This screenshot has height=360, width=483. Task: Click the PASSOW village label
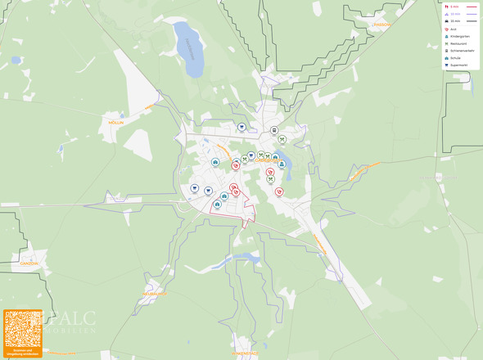(x=381, y=25)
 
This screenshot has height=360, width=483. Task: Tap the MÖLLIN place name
(x=116, y=122)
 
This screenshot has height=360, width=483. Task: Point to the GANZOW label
(x=29, y=263)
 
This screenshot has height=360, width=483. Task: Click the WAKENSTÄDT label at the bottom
(x=245, y=353)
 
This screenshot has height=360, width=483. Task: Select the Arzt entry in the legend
(x=453, y=30)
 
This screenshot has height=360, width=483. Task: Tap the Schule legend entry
(x=454, y=57)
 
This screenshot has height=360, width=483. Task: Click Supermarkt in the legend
(x=458, y=65)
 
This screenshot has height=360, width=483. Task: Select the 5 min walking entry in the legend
(x=454, y=7)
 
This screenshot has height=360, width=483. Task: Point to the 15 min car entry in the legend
(x=454, y=20)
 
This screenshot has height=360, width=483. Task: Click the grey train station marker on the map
(x=274, y=130)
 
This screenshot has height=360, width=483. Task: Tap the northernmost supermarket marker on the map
(x=242, y=127)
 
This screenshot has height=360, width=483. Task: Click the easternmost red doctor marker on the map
(x=279, y=191)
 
